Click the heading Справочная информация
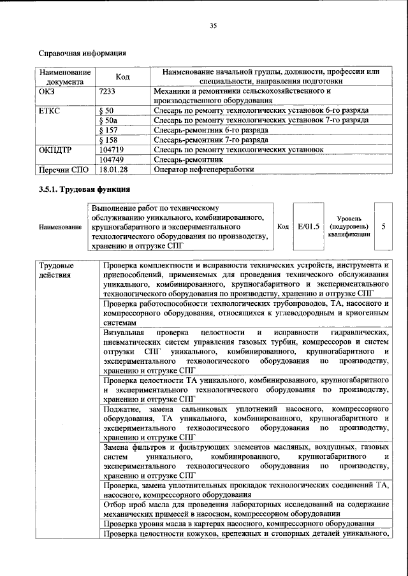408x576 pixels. coord(82,53)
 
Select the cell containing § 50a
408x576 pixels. coord(110,120)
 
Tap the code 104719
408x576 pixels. coord(112,149)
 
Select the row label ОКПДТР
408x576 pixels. coord(55,149)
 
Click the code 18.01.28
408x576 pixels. coord(113,169)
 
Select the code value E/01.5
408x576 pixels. coord(308,226)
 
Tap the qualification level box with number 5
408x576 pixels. coord(383,226)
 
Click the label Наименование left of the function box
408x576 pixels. coord(60,227)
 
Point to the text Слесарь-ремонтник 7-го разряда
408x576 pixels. coord(210,139)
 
